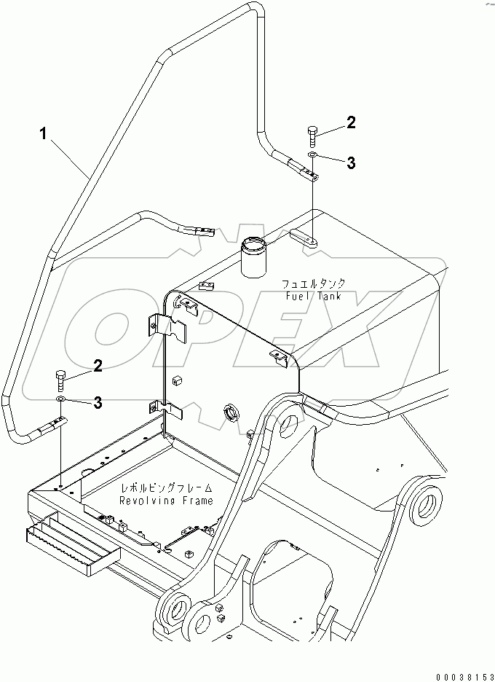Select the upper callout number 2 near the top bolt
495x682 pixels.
point(351,123)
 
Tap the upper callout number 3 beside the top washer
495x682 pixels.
point(351,164)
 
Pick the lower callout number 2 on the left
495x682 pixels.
point(97,366)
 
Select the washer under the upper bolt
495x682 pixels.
point(312,155)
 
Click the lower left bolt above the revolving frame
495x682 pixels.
point(60,380)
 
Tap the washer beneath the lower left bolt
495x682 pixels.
point(60,399)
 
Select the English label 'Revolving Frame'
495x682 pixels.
point(167,501)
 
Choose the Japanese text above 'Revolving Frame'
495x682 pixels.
point(167,488)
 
